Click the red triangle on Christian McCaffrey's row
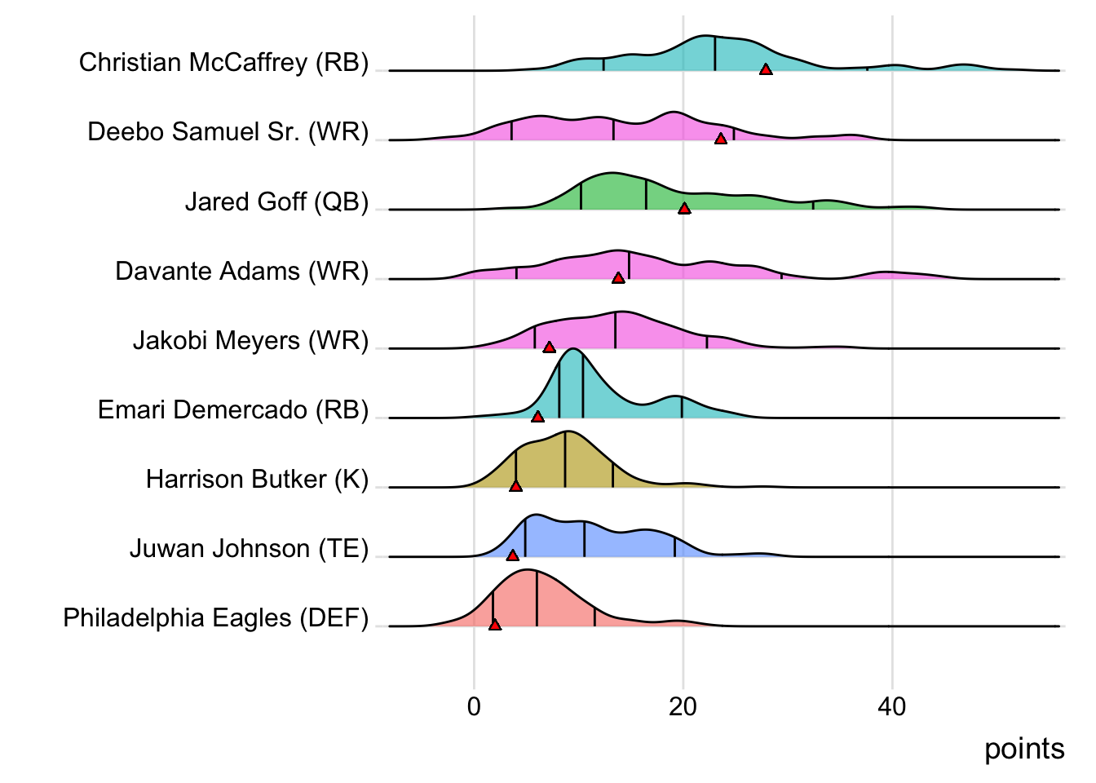[766, 70]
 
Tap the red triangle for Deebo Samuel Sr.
[721, 139]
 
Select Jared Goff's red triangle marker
[684, 209]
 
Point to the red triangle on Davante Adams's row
[618, 278]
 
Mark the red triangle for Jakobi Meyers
[549, 347]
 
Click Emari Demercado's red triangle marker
[537, 417]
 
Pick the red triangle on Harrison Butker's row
[515, 486]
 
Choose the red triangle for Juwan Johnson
[512, 555]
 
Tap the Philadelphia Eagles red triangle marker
[495, 625]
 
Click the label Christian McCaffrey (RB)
[223, 63]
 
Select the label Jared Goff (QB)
[276, 201]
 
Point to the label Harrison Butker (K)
[257, 479]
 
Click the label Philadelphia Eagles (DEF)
[215, 618]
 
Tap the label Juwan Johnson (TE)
[249, 549]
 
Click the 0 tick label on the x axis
[474, 706]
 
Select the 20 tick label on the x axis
[683, 706]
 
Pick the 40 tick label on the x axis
[891, 706]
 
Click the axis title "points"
[1024, 749]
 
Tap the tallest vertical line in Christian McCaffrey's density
[715, 54]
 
